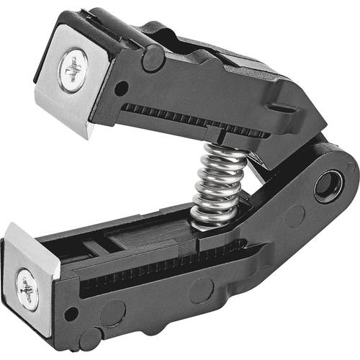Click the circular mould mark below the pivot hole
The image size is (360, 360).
pos(295,216)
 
